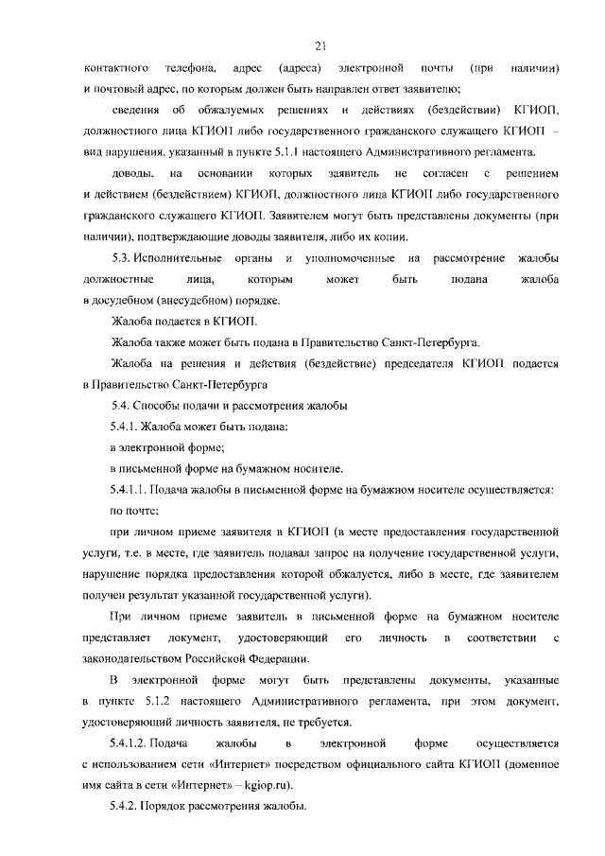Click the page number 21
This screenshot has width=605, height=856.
click(x=320, y=44)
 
